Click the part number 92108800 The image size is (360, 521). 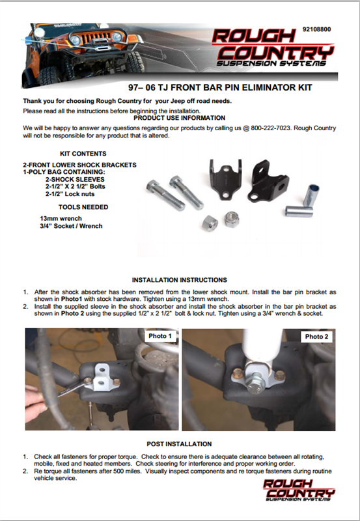tap(316, 29)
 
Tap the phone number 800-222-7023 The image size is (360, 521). tap(271, 128)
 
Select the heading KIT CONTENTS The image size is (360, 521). tap(83, 154)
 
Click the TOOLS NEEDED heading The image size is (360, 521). tap(83, 207)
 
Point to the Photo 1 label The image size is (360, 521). tap(160, 336)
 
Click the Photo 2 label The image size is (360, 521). tap(316, 337)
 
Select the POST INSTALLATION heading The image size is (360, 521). tap(179, 444)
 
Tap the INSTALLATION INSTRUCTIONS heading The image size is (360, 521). tap(179, 280)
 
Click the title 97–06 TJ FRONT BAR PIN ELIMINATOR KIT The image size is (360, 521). tap(220, 88)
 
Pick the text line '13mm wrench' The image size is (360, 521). tap(61, 219)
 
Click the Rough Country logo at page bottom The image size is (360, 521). tap(299, 490)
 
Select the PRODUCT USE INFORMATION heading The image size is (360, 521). tap(179, 118)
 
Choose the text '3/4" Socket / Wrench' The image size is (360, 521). tap(71, 226)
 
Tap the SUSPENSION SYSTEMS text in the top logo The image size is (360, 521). tap(271, 63)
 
